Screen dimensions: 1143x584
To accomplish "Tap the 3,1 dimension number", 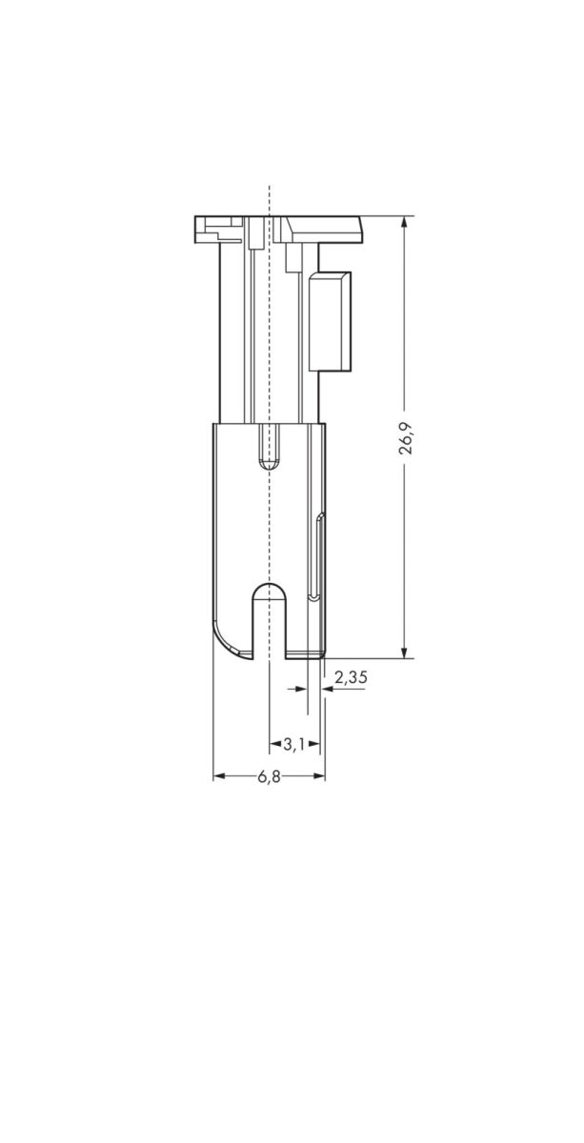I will (x=293, y=744).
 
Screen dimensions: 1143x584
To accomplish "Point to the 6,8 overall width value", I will (x=269, y=777).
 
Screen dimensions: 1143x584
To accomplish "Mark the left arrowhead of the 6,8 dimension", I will (x=218, y=777).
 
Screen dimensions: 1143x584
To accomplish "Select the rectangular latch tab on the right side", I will (x=329, y=320).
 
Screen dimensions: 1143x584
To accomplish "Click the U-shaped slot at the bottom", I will (x=271, y=619).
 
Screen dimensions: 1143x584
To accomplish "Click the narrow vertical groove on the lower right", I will (x=319, y=557).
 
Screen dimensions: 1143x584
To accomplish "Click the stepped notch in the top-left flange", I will (x=214, y=230).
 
